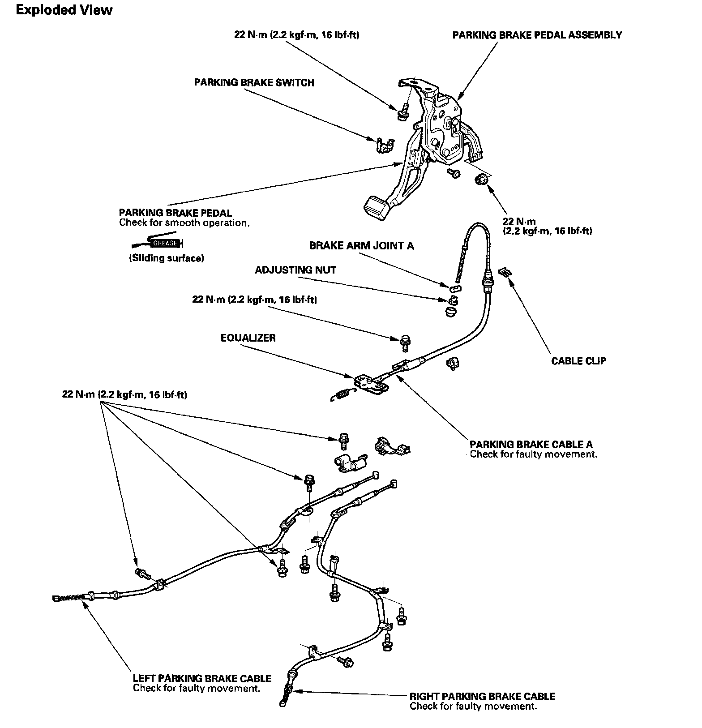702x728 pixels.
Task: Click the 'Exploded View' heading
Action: coord(64,10)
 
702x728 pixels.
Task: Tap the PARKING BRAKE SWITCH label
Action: coord(254,83)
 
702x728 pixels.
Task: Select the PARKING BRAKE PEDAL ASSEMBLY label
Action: coord(537,35)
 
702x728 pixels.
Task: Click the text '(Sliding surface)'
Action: coord(167,258)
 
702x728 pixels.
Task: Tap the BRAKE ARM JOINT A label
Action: coord(361,246)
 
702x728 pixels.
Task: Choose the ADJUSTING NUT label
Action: coord(295,270)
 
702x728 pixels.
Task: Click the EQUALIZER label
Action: coord(248,338)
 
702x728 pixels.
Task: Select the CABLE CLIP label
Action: coord(578,361)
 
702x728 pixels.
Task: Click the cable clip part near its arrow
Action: coord(505,271)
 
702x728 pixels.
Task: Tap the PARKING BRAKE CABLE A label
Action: coord(531,444)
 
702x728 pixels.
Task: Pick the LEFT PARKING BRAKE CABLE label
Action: coord(202,678)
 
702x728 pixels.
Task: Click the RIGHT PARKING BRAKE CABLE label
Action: coord(482,696)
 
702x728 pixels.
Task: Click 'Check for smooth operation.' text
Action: coord(184,223)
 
